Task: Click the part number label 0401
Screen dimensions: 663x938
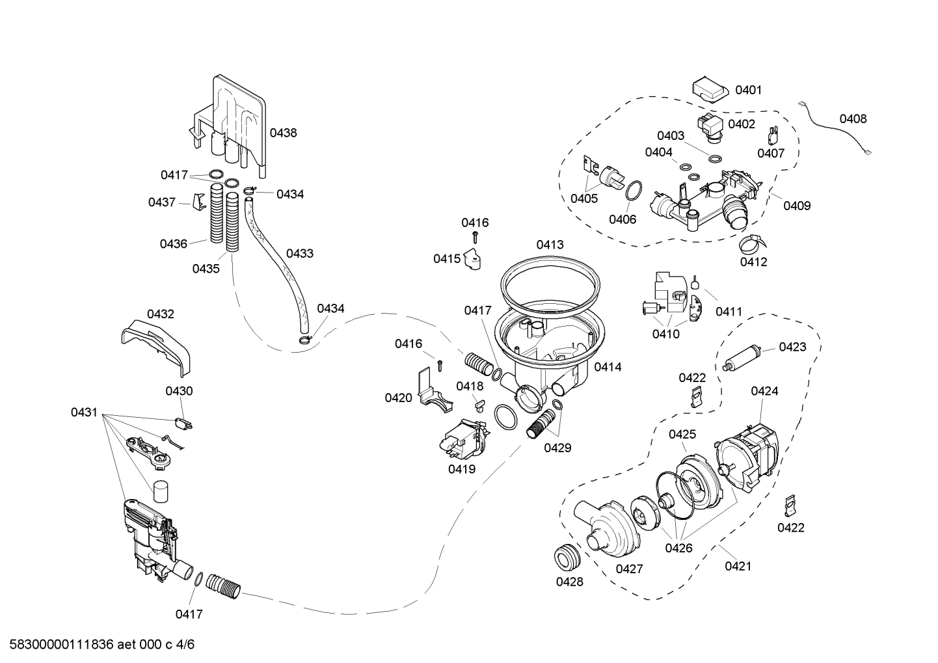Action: pos(748,90)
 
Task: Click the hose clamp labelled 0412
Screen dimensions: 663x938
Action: pos(751,244)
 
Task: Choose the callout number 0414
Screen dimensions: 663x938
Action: pos(608,367)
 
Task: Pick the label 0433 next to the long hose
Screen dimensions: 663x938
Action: pos(299,253)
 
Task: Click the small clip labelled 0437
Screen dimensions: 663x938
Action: pos(199,202)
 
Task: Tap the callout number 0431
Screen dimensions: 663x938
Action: pos(84,412)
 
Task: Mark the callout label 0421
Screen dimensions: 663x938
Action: pos(738,566)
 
